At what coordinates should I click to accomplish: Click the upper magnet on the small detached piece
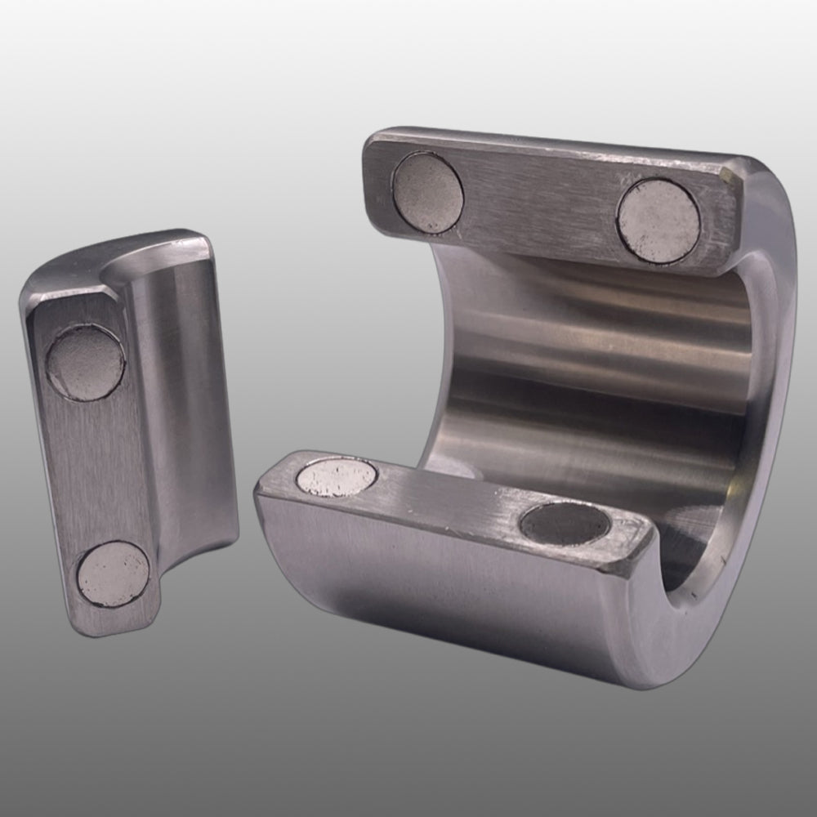[85, 363]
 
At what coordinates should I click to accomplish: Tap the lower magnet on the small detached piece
[113, 574]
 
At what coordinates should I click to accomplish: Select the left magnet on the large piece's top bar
[427, 194]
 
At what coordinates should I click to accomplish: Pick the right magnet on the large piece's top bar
[659, 221]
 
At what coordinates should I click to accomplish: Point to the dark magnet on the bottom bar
[565, 524]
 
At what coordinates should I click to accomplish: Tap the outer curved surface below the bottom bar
[449, 596]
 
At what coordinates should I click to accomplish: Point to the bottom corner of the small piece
[90, 625]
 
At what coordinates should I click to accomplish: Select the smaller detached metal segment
[131, 433]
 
